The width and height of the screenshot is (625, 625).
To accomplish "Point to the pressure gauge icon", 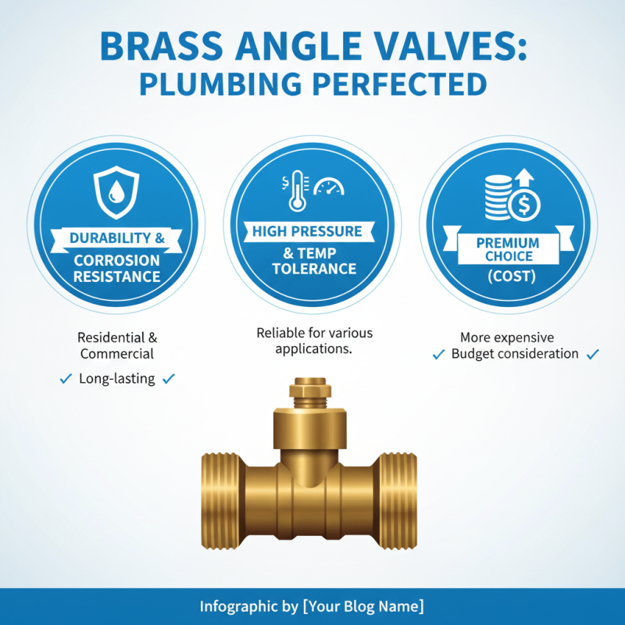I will point(328,187).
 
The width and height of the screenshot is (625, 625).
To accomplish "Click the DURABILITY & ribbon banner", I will point(116,237).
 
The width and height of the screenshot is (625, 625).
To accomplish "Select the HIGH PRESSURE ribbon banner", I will point(307,231).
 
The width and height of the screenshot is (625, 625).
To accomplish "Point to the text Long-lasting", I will point(117,379).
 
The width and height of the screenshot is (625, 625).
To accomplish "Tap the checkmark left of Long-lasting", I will point(66,379).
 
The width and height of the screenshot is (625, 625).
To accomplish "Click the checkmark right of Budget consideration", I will point(593,354).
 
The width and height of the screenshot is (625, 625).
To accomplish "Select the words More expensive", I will point(507,337).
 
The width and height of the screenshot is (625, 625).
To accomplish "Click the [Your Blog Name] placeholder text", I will point(363,606).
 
